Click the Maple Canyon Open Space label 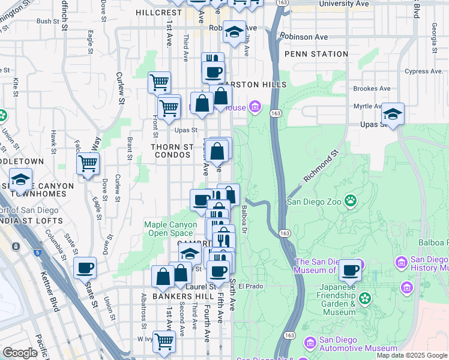click(170, 229)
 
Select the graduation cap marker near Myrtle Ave click(393, 113)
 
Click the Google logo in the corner click(20, 352)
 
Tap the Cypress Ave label click(423, 71)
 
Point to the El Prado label click(251, 286)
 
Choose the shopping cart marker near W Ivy click(164, 341)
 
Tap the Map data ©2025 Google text click(411, 355)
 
